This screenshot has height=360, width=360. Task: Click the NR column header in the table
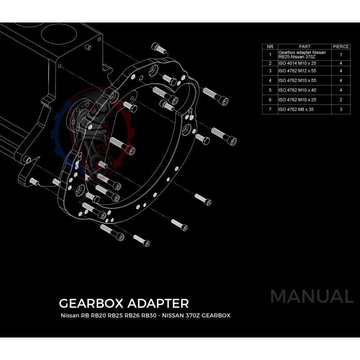[270, 46]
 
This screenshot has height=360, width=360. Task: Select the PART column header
[305, 46]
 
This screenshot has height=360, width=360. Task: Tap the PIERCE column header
[341, 46]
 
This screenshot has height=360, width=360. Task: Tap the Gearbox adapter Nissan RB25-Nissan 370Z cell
[302, 54]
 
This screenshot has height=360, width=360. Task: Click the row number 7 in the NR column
[270, 109]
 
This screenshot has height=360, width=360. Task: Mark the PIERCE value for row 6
[341, 99]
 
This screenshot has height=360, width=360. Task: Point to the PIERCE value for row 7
[341, 109]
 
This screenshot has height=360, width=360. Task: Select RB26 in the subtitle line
[132, 315]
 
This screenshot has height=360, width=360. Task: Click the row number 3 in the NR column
[270, 71]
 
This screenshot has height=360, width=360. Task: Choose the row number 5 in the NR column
[270, 90]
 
